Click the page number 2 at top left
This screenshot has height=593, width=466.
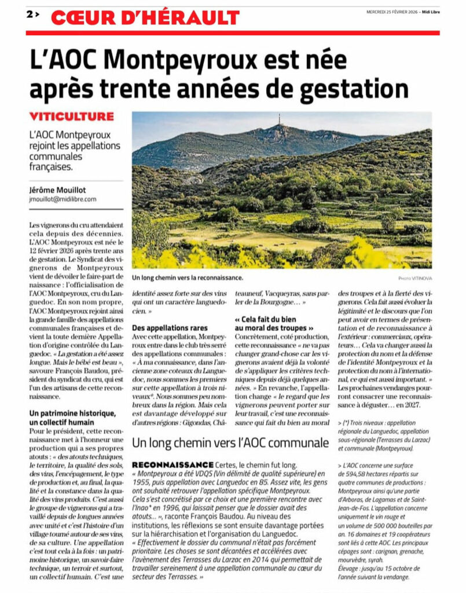coord(29,15)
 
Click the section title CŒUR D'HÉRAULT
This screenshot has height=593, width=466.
coord(145,17)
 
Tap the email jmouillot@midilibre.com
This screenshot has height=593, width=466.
coord(62,199)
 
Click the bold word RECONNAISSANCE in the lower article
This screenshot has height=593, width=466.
coord(172,465)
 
